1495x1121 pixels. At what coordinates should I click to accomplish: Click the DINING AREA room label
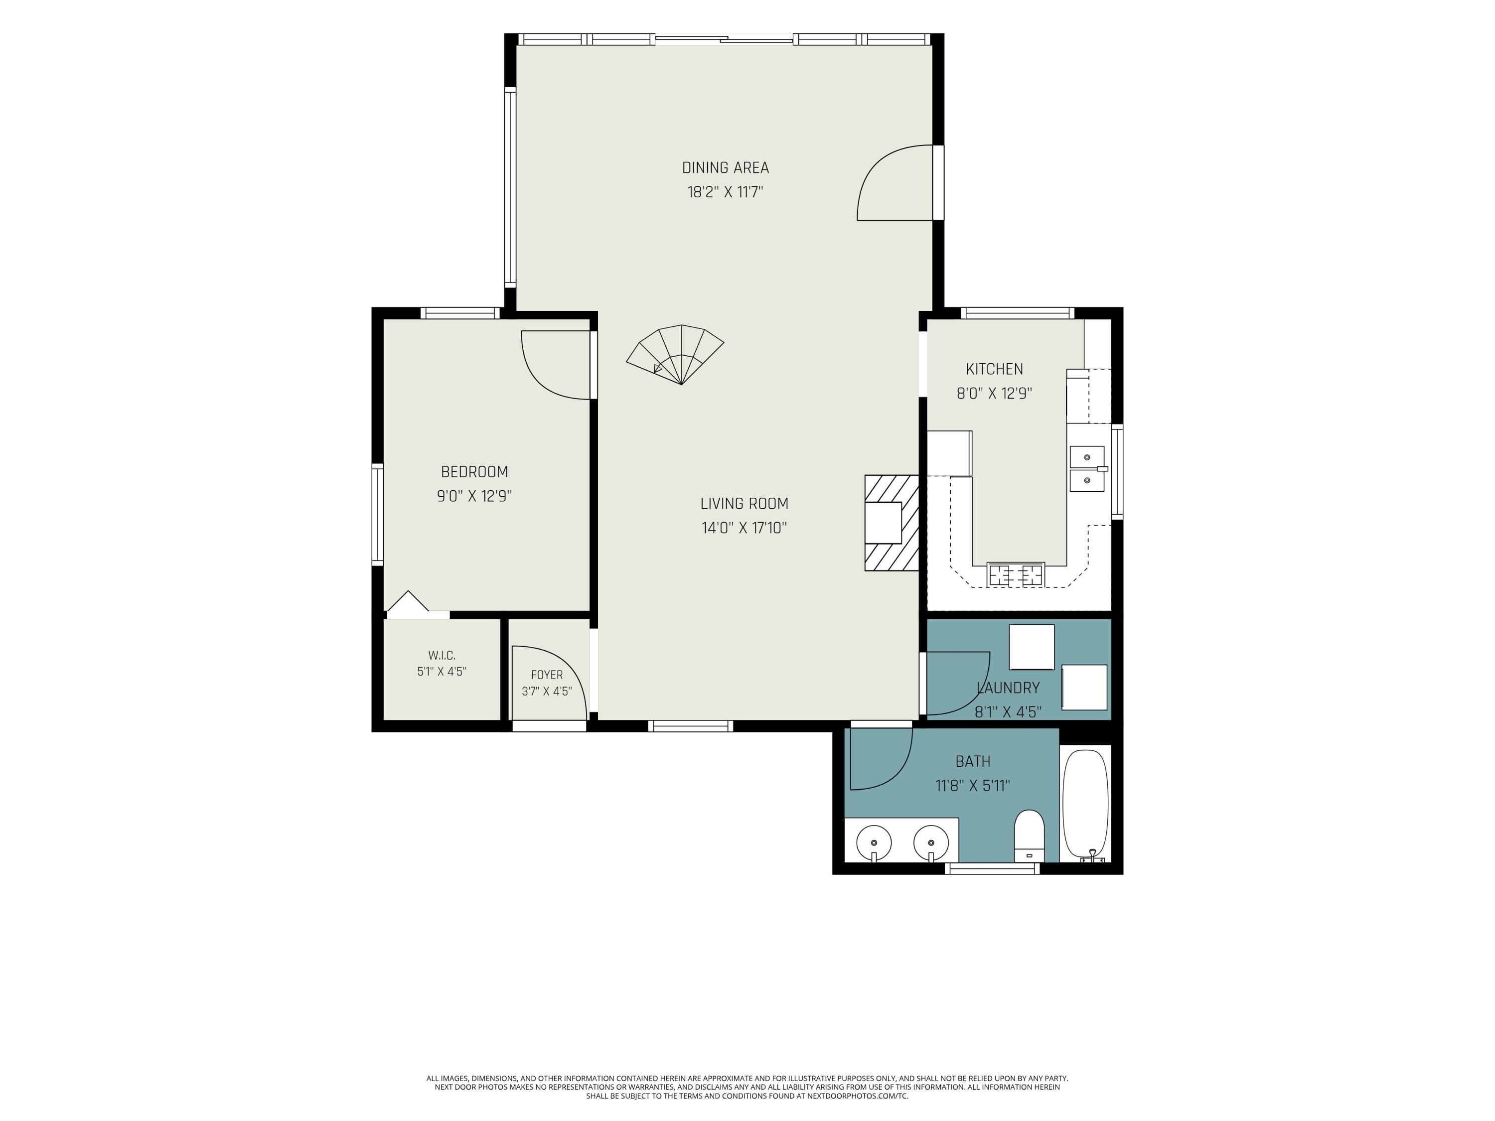click(725, 167)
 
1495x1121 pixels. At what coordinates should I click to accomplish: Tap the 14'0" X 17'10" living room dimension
click(744, 528)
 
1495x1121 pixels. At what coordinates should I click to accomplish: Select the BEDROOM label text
click(474, 472)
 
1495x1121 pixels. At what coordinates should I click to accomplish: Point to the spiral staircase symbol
click(675, 355)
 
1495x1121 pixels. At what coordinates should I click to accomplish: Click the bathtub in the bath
click(1085, 805)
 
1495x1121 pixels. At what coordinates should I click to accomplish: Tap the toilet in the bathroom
click(1030, 836)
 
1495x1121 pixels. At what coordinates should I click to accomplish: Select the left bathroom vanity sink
click(874, 843)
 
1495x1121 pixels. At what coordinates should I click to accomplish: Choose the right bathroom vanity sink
click(931, 843)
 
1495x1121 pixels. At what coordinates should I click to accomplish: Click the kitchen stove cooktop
click(1015, 574)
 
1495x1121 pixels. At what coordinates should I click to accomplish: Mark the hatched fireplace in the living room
click(892, 523)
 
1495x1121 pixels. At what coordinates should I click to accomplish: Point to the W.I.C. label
click(442, 656)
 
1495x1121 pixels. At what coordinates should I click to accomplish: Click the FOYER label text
click(547, 675)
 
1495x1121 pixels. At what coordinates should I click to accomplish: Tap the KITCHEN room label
click(994, 369)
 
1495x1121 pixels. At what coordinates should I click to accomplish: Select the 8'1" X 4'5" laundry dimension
click(1008, 711)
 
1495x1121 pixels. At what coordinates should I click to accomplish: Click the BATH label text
click(973, 761)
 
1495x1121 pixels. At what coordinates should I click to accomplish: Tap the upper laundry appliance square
click(1032, 647)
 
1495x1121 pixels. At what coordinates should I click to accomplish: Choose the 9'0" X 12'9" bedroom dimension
click(474, 496)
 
